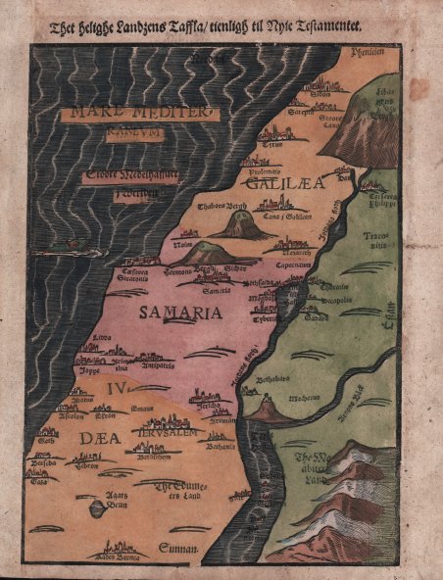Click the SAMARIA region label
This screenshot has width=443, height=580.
click(x=180, y=314)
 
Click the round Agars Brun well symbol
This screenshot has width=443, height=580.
click(x=96, y=508)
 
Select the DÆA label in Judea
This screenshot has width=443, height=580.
click(x=94, y=438)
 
